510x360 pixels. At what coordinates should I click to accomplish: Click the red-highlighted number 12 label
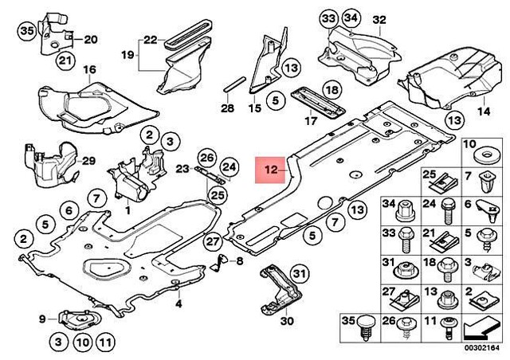pos(270,170)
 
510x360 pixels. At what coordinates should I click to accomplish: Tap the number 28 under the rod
pos(227,108)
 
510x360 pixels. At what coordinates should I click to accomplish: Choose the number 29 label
pos(89,161)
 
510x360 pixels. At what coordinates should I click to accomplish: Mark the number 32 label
pos(401,19)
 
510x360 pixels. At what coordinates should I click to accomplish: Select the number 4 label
pos(179,303)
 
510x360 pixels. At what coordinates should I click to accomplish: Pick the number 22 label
pos(151,39)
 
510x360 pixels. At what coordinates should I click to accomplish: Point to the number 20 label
pos(90,39)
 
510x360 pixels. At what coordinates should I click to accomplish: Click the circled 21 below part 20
pos(65,61)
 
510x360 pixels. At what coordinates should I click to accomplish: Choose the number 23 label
pos(182,169)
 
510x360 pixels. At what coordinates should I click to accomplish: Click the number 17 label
pos(311,122)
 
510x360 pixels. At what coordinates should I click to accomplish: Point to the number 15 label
pos(255,108)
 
